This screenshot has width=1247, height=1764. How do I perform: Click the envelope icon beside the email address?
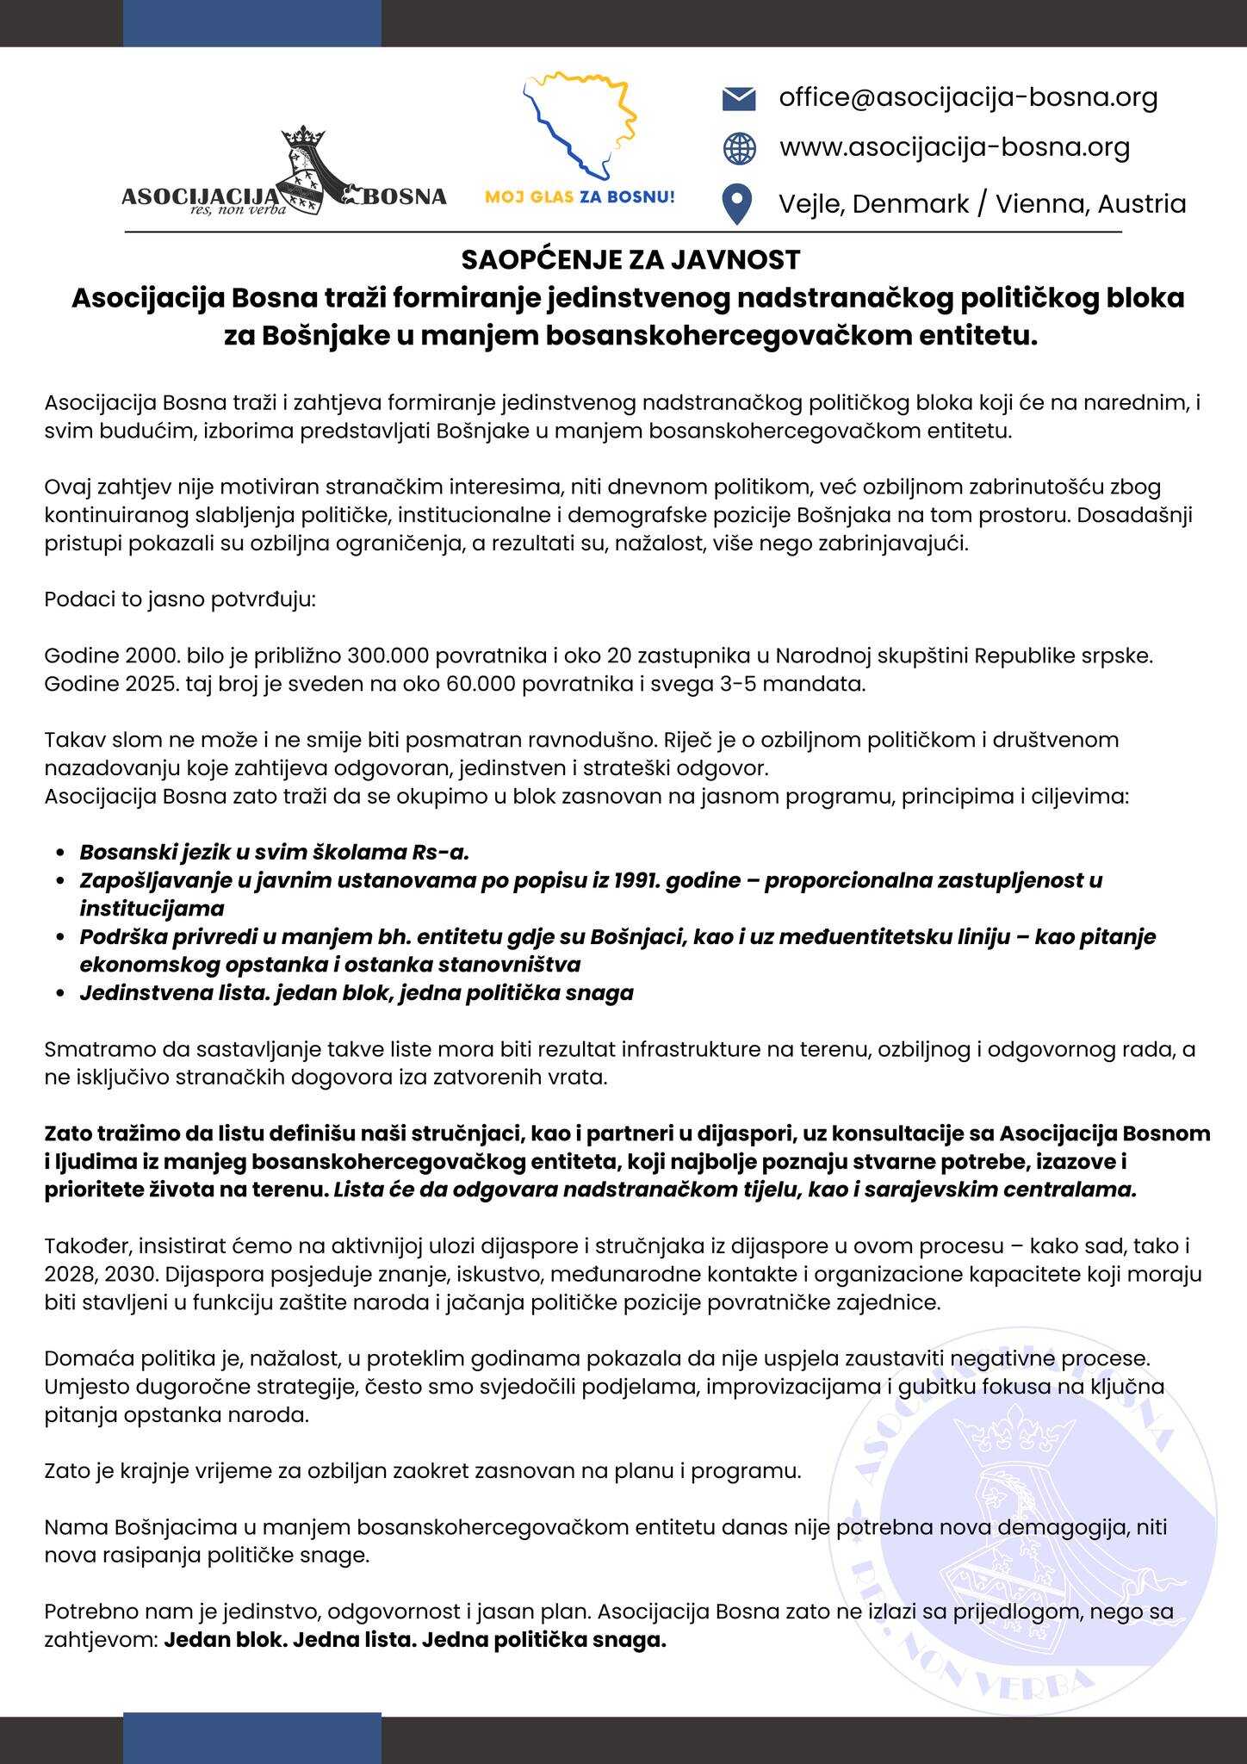pyautogui.click(x=738, y=99)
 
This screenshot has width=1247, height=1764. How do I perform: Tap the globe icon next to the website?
pyautogui.click(x=739, y=148)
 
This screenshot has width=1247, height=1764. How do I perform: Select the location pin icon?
pyautogui.click(x=738, y=205)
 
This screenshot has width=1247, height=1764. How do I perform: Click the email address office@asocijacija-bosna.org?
pyautogui.click(x=968, y=97)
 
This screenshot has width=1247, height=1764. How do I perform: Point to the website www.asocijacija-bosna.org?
pyautogui.click(x=954, y=147)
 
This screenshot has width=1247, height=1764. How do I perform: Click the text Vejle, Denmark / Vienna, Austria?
pyautogui.click(x=982, y=204)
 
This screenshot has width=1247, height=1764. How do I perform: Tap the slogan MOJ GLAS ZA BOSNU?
pyautogui.click(x=580, y=197)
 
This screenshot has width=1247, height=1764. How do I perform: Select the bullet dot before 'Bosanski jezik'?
pyautogui.click(x=59, y=853)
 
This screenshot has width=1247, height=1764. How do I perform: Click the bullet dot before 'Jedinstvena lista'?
pyautogui.click(x=59, y=993)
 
